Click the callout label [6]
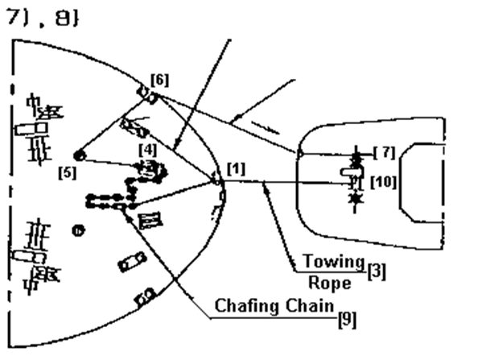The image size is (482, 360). tap(159, 81)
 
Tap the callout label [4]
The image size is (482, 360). tap(148, 151)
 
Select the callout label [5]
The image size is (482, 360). tap(68, 173)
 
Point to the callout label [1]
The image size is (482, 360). tap(236, 169)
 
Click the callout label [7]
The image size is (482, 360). tap(385, 152)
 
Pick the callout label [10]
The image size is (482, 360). tap(383, 182)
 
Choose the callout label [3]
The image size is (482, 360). tap(377, 271)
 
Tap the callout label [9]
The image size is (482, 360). tap(348, 320)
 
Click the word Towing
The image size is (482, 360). tap(334, 262)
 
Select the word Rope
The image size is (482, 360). tap(330, 283)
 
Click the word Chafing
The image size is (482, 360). tap(248, 306)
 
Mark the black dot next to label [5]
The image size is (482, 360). tap(80, 156)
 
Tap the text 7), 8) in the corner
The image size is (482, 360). tap(43, 18)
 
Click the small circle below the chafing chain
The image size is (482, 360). tap(78, 231)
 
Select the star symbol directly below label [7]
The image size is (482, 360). tap(356, 160)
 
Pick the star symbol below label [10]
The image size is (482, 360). tap(356, 198)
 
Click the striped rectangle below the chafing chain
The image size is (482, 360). tap(150, 221)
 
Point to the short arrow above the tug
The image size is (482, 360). tap(266, 128)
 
